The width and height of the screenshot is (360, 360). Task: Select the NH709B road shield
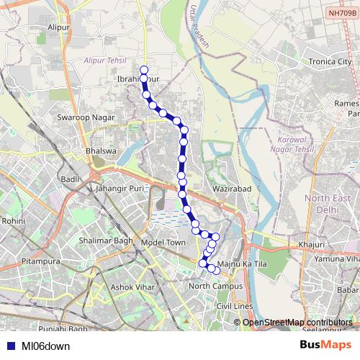341,13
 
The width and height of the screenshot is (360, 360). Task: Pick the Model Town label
163,243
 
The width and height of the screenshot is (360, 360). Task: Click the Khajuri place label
310,246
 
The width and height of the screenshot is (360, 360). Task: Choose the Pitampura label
41,256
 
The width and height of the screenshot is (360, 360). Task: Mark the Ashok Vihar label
130,287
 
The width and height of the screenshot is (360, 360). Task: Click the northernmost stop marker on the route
144,71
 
